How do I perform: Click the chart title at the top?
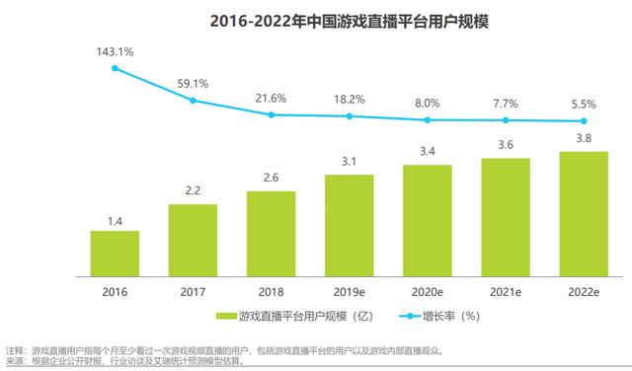click(316, 21)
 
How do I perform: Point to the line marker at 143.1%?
click(116, 68)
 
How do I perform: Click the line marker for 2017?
click(194, 100)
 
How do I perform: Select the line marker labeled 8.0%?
click(428, 120)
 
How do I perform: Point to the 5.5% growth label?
click(584, 104)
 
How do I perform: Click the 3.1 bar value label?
click(350, 161)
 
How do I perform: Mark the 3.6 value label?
click(506, 145)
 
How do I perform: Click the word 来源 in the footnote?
click(15, 361)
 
